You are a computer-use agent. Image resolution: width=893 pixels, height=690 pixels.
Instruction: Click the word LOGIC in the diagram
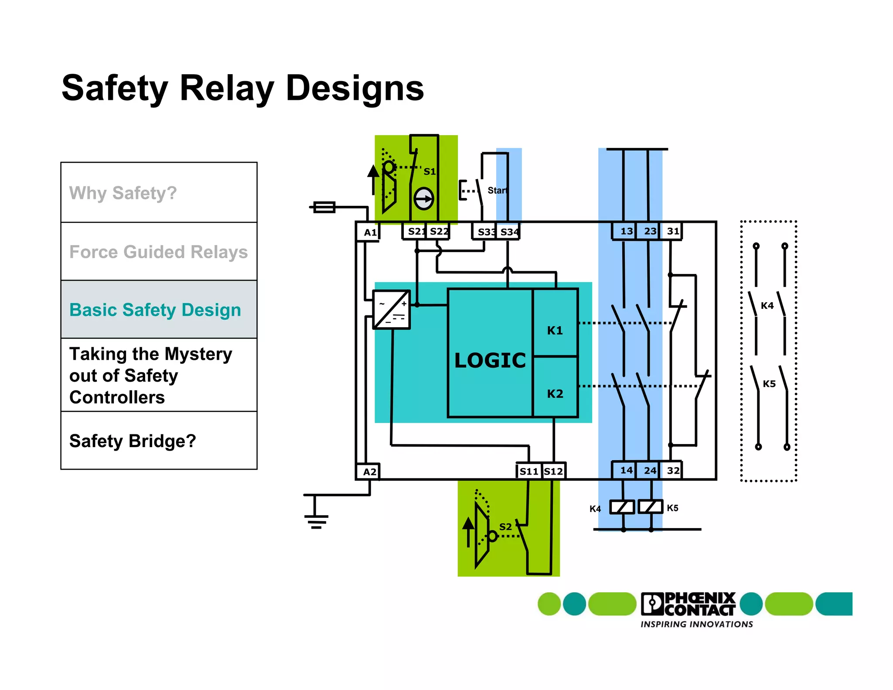point(490,361)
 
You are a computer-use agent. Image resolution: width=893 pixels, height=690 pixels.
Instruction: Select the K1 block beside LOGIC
point(555,330)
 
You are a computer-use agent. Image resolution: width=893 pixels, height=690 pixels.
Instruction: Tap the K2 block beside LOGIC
point(555,393)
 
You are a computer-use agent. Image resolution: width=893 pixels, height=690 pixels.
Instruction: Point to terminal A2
point(369,472)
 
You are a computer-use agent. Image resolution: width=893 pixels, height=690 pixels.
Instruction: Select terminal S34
point(509,232)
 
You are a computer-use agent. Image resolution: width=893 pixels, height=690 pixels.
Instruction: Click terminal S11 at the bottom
point(529,471)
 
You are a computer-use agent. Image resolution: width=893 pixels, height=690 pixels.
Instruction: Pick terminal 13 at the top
point(626,231)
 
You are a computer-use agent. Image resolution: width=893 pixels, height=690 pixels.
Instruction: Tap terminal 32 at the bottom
point(673,471)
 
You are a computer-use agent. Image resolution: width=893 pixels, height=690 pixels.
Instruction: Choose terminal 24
point(650,471)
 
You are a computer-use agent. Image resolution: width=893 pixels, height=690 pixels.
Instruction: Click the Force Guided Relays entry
point(159,252)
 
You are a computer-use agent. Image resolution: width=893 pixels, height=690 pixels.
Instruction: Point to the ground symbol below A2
point(316,519)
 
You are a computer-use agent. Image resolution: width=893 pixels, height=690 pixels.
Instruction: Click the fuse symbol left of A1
point(324,207)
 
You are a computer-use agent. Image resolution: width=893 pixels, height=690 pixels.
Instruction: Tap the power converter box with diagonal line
point(392,309)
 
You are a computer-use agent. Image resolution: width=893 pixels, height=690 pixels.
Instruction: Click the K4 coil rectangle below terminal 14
point(622,507)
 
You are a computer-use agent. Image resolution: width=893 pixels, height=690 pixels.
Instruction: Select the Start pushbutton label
point(497,191)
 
